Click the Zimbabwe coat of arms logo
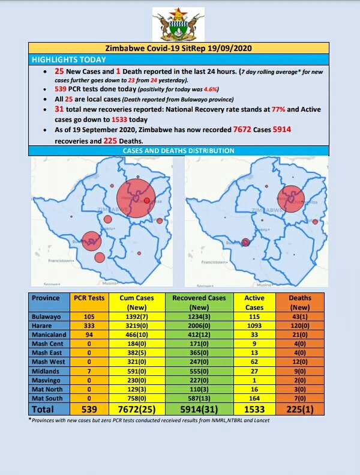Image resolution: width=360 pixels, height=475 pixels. pos(178,24)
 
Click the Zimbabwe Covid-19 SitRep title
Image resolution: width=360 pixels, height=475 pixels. pos(178,48)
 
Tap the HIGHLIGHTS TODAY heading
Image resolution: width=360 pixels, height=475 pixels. pos(69,60)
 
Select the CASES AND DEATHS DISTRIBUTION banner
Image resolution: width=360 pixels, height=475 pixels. pos(178,150)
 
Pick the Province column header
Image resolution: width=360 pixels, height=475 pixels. pos(47,298)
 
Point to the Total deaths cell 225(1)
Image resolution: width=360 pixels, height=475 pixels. pos(299,409)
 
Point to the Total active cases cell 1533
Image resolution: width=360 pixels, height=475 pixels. pos(255,409)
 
